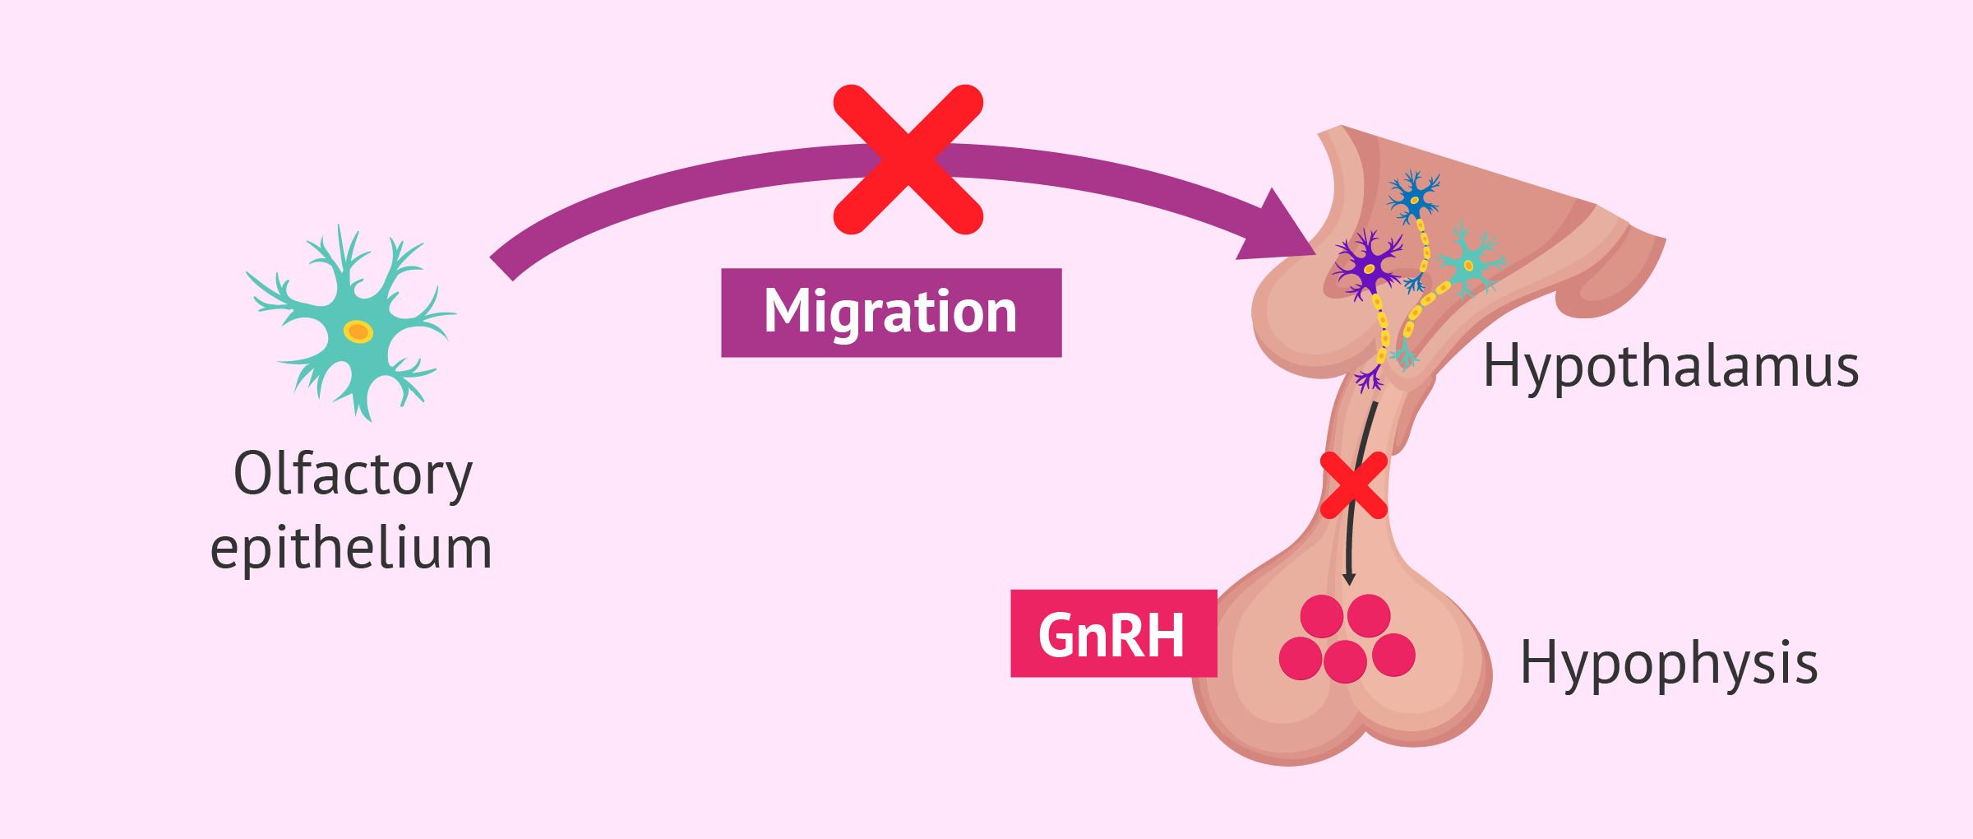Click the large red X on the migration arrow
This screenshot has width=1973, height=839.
[908, 160]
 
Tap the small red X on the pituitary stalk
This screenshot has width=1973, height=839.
[1353, 485]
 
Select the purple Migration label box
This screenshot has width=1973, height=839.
[891, 313]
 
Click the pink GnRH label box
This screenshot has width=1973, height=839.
[1113, 633]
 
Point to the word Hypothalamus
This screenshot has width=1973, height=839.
[1670, 367]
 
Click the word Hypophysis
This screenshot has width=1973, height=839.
[1669, 663]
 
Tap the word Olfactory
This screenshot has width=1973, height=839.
[353, 474]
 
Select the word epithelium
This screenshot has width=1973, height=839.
[351, 548]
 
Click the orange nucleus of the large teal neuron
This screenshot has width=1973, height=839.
[358, 331]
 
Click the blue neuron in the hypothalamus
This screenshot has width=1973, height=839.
[1414, 198]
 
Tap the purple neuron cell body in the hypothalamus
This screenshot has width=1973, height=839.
[1369, 268]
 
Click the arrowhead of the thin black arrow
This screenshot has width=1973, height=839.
[1348, 579]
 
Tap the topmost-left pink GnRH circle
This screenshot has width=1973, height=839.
[1322, 616]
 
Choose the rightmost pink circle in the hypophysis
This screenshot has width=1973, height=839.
[1393, 655]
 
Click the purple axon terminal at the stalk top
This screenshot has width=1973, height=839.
[1369, 380]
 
